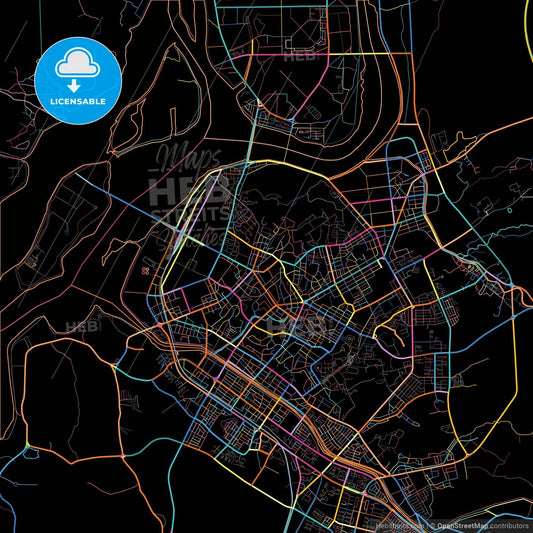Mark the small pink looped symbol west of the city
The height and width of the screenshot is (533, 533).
pyautogui.click(x=147, y=270)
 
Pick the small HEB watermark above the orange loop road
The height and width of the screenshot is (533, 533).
pyautogui.click(x=78, y=326)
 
